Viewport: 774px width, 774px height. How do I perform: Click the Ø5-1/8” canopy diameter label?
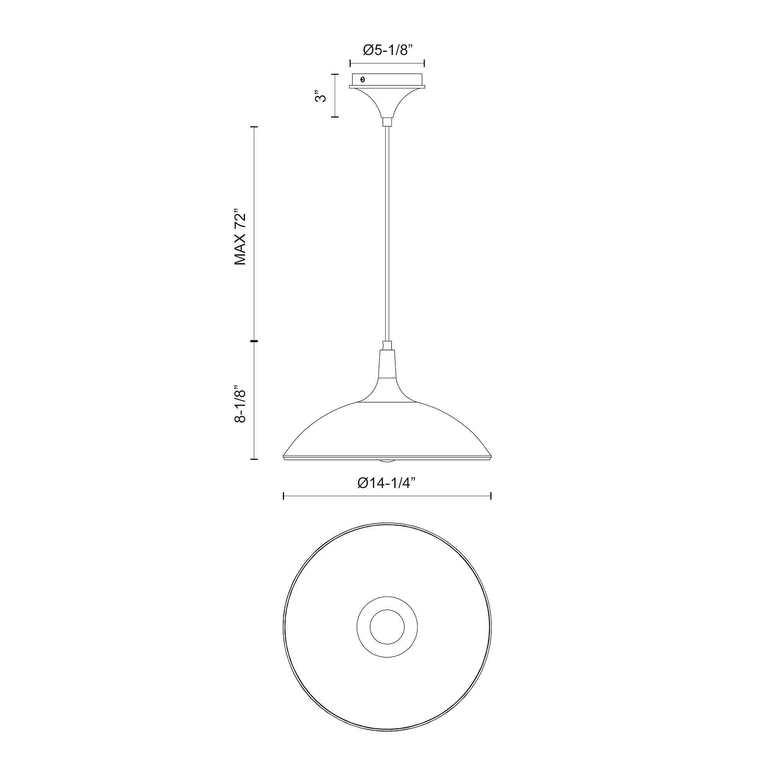[387, 50]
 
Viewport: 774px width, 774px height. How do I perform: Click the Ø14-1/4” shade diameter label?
[387, 483]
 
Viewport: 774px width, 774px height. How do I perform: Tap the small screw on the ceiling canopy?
[363, 79]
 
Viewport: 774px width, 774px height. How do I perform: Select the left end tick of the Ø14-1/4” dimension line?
[284, 497]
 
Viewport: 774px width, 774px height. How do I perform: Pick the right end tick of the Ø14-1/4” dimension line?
[491, 497]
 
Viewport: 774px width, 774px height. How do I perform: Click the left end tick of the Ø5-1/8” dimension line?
[350, 63]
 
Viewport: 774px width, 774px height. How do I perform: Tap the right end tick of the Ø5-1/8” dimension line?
[424, 63]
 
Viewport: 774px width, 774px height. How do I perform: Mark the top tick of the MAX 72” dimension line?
[253, 127]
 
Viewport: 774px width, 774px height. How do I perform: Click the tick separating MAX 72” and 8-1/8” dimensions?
[253, 341]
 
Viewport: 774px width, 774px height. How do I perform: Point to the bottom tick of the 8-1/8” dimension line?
[253, 459]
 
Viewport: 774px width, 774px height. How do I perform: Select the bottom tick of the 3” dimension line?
[335, 117]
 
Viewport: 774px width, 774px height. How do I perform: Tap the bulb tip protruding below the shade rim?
[387, 461]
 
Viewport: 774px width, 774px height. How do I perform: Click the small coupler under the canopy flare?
[387, 122]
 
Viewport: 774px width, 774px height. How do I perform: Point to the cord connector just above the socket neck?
[387, 345]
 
